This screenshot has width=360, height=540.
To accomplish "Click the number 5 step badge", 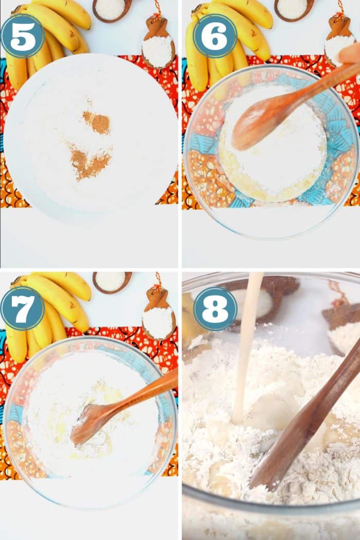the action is [23, 36].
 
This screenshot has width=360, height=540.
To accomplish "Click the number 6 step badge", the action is [214, 36].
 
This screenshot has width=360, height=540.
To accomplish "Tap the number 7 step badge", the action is [23, 309].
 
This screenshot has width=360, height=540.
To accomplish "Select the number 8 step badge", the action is [215, 309].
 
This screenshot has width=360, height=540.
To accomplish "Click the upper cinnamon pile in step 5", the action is [97, 122].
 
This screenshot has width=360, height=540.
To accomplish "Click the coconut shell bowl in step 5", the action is [112, 10].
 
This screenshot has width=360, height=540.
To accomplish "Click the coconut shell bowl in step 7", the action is [112, 282].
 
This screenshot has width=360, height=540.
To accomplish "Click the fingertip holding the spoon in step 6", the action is [350, 53].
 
